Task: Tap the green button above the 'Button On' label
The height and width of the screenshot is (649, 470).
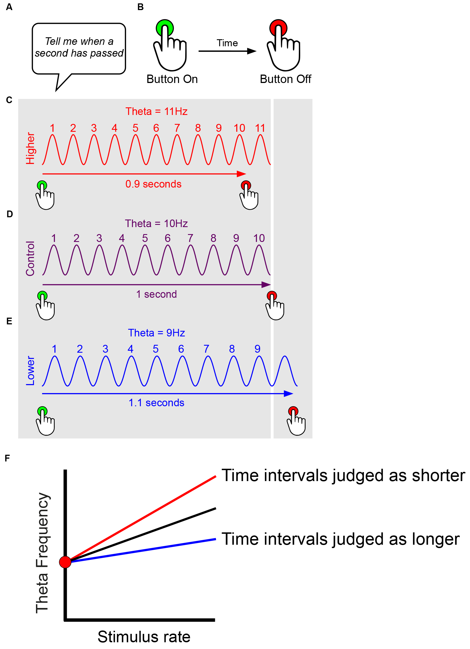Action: coord(165,28)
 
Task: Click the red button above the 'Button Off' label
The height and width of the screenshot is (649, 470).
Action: coord(278,28)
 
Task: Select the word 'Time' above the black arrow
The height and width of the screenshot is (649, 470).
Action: coord(227,43)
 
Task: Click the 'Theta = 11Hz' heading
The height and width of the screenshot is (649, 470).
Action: coord(156,111)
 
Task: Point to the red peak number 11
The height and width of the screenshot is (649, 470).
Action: coord(260,128)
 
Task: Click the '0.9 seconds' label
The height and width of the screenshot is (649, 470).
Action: coord(153,184)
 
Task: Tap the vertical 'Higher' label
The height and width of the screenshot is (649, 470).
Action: coord(30,148)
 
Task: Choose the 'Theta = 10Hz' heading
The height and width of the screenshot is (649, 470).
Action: coord(156,223)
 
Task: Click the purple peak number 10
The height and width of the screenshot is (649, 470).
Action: coord(259,238)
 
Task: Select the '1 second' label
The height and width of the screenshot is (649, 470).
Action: coord(156,294)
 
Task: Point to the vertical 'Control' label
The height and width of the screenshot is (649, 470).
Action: coord(30,258)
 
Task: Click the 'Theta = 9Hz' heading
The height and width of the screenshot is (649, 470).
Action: coord(156,333)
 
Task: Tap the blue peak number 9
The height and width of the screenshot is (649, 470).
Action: coord(257,349)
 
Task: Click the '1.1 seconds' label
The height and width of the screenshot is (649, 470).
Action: coord(156,403)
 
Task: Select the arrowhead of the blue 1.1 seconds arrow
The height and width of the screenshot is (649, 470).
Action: coord(289,394)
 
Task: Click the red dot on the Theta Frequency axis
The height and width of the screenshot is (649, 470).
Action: coord(65,562)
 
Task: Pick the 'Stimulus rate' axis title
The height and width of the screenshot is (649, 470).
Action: coord(144,637)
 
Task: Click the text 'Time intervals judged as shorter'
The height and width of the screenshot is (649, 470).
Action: coord(343,475)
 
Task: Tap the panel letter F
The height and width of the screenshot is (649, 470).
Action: coord(8,458)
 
